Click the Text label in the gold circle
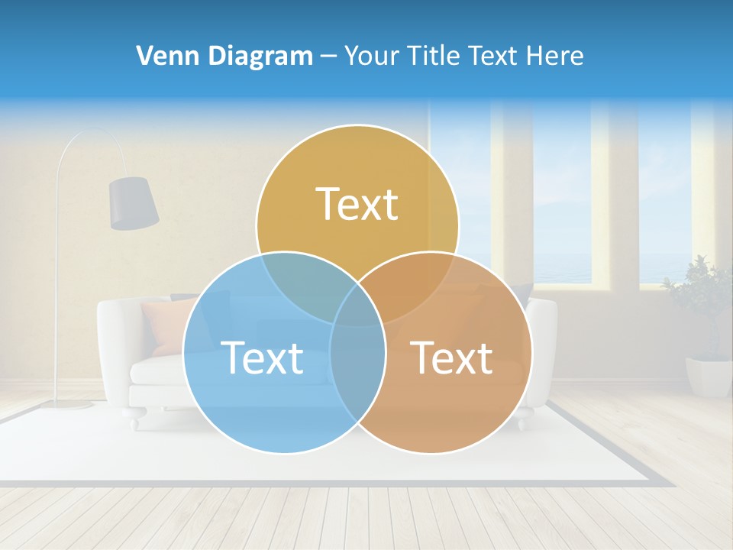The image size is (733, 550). (357, 205)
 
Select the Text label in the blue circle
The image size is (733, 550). (262, 357)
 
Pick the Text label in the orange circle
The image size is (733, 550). (451, 357)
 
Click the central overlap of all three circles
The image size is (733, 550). (357, 306)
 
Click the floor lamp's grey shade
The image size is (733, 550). (134, 202)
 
